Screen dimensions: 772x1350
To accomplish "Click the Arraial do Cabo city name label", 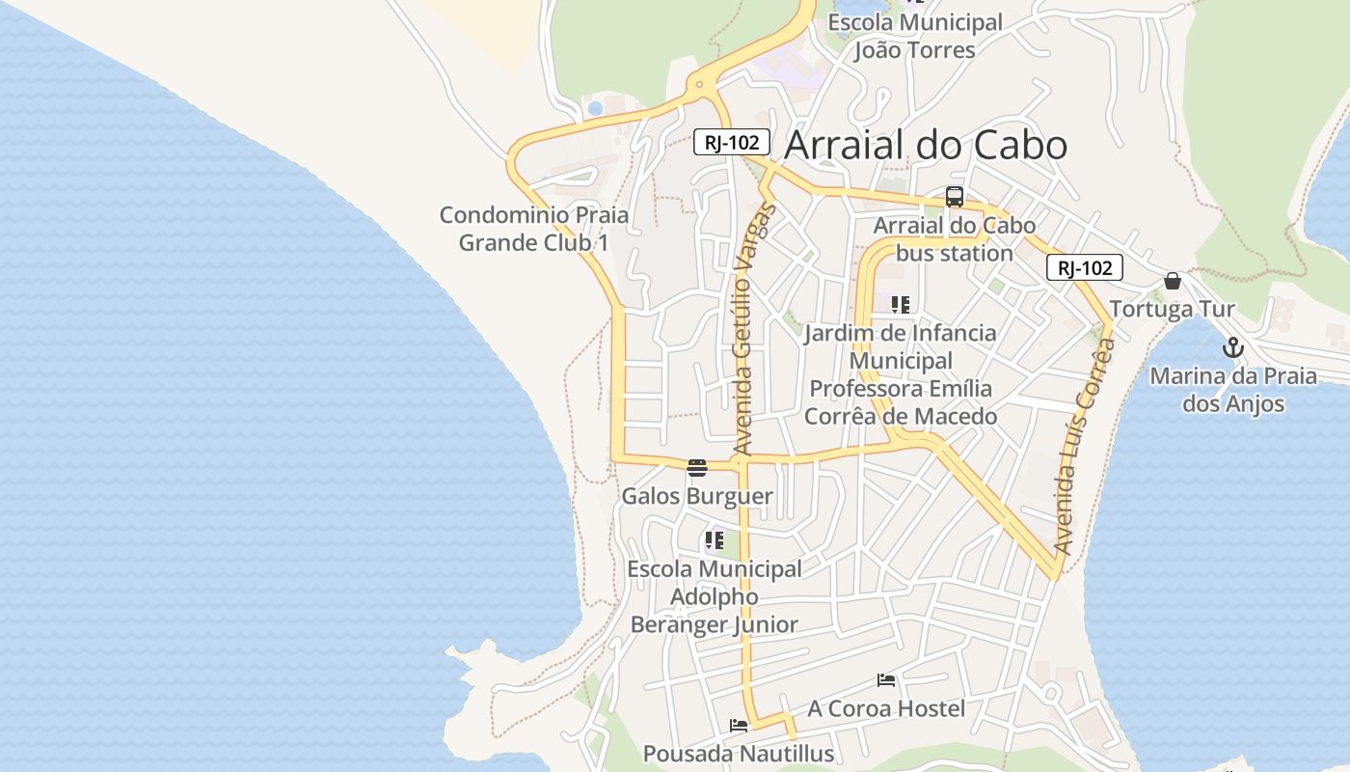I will click(926, 145).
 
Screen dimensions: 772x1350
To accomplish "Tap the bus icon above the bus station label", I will click(955, 197).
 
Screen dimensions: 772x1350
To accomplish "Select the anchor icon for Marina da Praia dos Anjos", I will click(1232, 348).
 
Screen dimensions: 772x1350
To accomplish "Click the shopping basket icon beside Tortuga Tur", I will click(1173, 281).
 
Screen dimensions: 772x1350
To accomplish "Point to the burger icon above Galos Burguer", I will click(697, 468).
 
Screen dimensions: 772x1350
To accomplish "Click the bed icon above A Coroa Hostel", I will click(886, 680).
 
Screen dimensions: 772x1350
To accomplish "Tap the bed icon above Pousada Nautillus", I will click(739, 726).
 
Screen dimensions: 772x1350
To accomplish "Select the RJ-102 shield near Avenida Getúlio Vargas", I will click(732, 143).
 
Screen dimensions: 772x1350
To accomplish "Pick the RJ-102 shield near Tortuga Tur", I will click(1085, 268).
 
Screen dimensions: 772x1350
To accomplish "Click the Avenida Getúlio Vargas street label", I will click(753, 328).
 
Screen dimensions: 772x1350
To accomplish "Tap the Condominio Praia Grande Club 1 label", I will click(533, 229).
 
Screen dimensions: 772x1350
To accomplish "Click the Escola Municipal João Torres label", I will click(915, 36).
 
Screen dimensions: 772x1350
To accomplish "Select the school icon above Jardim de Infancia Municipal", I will click(901, 305).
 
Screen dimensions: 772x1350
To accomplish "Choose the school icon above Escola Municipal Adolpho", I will click(714, 540).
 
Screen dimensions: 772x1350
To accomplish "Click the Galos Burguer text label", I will click(697, 497).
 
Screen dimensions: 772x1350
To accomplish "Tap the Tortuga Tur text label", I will click(1172, 310).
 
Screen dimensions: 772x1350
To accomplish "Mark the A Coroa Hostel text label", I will click(886, 709).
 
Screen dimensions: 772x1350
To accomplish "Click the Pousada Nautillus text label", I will click(739, 754).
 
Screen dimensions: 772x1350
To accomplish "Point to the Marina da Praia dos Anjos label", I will click(1233, 389).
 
